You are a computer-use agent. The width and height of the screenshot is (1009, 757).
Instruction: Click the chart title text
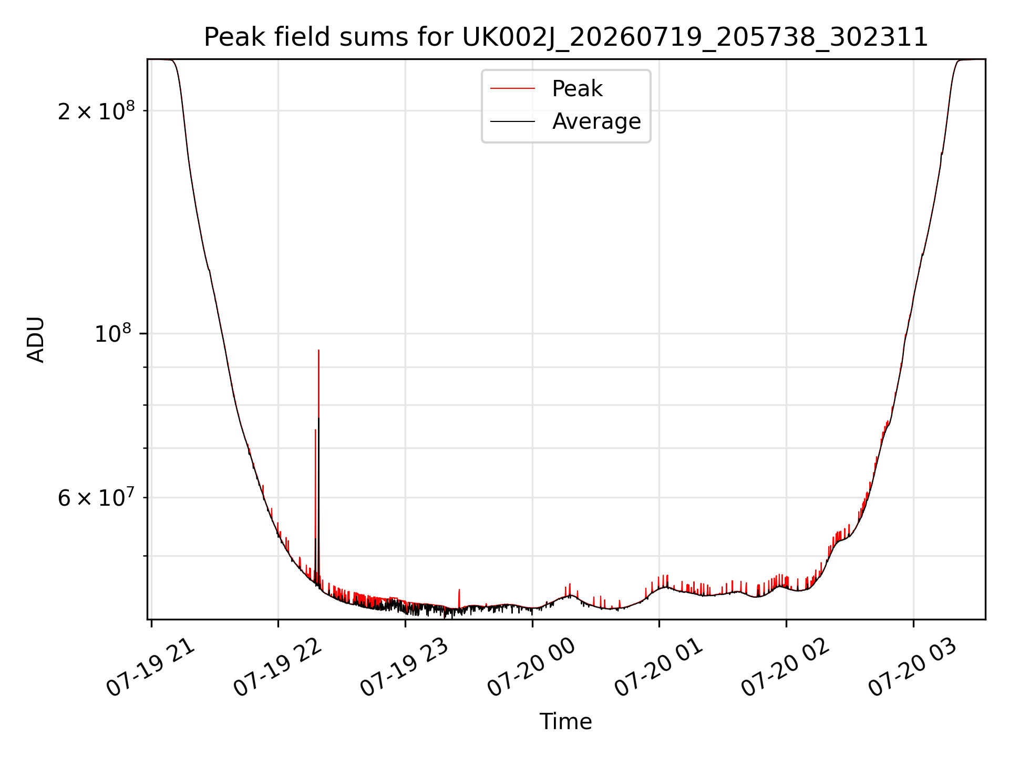point(566,37)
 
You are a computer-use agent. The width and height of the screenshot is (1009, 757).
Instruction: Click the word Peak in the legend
point(577,89)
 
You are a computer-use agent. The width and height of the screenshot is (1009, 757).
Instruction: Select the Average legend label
point(596,121)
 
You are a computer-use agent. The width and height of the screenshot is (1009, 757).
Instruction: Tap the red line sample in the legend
point(512,89)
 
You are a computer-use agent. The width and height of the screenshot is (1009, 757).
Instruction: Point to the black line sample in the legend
point(512,121)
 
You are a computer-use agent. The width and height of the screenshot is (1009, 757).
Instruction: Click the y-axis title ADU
point(36,339)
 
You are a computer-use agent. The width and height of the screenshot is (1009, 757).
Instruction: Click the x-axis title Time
point(565,722)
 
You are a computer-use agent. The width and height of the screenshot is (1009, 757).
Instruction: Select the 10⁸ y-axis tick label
point(115,333)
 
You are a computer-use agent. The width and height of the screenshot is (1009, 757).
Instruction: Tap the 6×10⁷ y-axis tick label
point(96,497)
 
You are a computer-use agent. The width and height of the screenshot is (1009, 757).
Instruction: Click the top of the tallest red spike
point(318,350)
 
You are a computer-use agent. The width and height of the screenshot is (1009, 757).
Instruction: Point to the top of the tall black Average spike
point(319,418)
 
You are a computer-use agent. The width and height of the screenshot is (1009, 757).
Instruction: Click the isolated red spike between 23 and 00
point(459,590)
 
